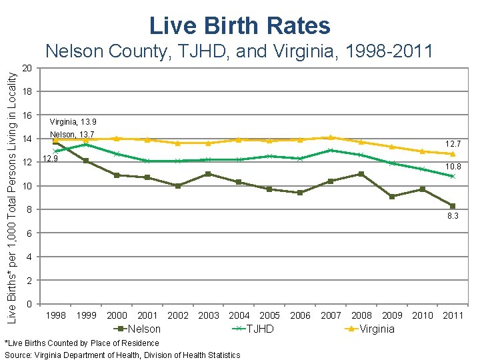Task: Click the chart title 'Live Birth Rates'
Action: pyautogui.click(x=240, y=25)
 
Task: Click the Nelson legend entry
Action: pyautogui.click(x=139, y=329)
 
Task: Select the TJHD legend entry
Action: pyautogui.click(x=253, y=329)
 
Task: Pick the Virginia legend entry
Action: pyautogui.click(x=371, y=329)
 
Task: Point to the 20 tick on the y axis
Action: pyautogui.click(x=27, y=68)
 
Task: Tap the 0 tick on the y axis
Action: pyautogui.click(x=29, y=305)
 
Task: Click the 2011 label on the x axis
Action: pyautogui.click(x=453, y=315)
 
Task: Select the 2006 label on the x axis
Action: pyautogui.click(x=300, y=315)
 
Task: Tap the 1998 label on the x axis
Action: pyautogui.click(x=55, y=315)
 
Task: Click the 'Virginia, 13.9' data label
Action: pyautogui.click(x=73, y=122)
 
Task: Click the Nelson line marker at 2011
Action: pyautogui.click(x=453, y=206)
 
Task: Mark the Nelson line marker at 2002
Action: pyautogui.click(x=178, y=186)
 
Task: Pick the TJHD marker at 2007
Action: pyautogui.click(x=331, y=151)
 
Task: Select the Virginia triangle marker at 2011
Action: pyautogui.click(x=453, y=154)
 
